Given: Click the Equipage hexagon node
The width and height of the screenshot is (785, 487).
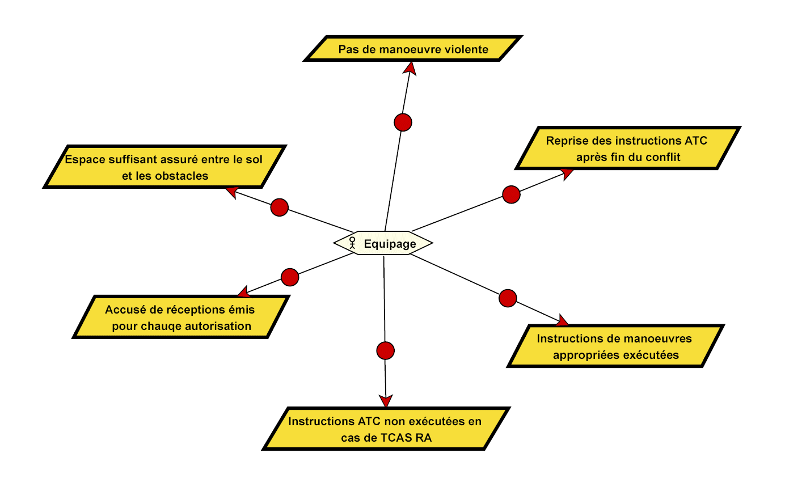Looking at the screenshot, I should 383,243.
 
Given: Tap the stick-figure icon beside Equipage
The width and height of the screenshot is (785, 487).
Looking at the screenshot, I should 352,243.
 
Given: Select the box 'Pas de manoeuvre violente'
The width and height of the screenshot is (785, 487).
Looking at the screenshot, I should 413,49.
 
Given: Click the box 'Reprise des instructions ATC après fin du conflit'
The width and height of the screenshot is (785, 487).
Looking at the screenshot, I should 626,149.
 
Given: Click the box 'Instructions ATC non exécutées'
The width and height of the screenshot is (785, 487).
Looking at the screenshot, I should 385,429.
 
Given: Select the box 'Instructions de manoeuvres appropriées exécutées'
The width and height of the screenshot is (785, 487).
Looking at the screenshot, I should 614,347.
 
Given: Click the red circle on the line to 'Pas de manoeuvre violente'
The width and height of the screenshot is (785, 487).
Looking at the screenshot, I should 402,122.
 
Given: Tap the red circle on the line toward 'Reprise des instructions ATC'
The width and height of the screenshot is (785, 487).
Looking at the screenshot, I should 511,194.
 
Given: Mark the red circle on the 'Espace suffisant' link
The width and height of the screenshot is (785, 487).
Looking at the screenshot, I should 279,207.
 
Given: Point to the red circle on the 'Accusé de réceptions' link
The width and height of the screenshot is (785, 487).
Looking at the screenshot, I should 290,277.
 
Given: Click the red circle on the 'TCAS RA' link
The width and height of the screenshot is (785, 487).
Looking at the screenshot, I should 385,350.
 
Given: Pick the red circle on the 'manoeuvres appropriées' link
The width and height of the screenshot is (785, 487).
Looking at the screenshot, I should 508,298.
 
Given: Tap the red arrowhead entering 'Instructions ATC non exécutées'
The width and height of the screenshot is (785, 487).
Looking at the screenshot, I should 386,401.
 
